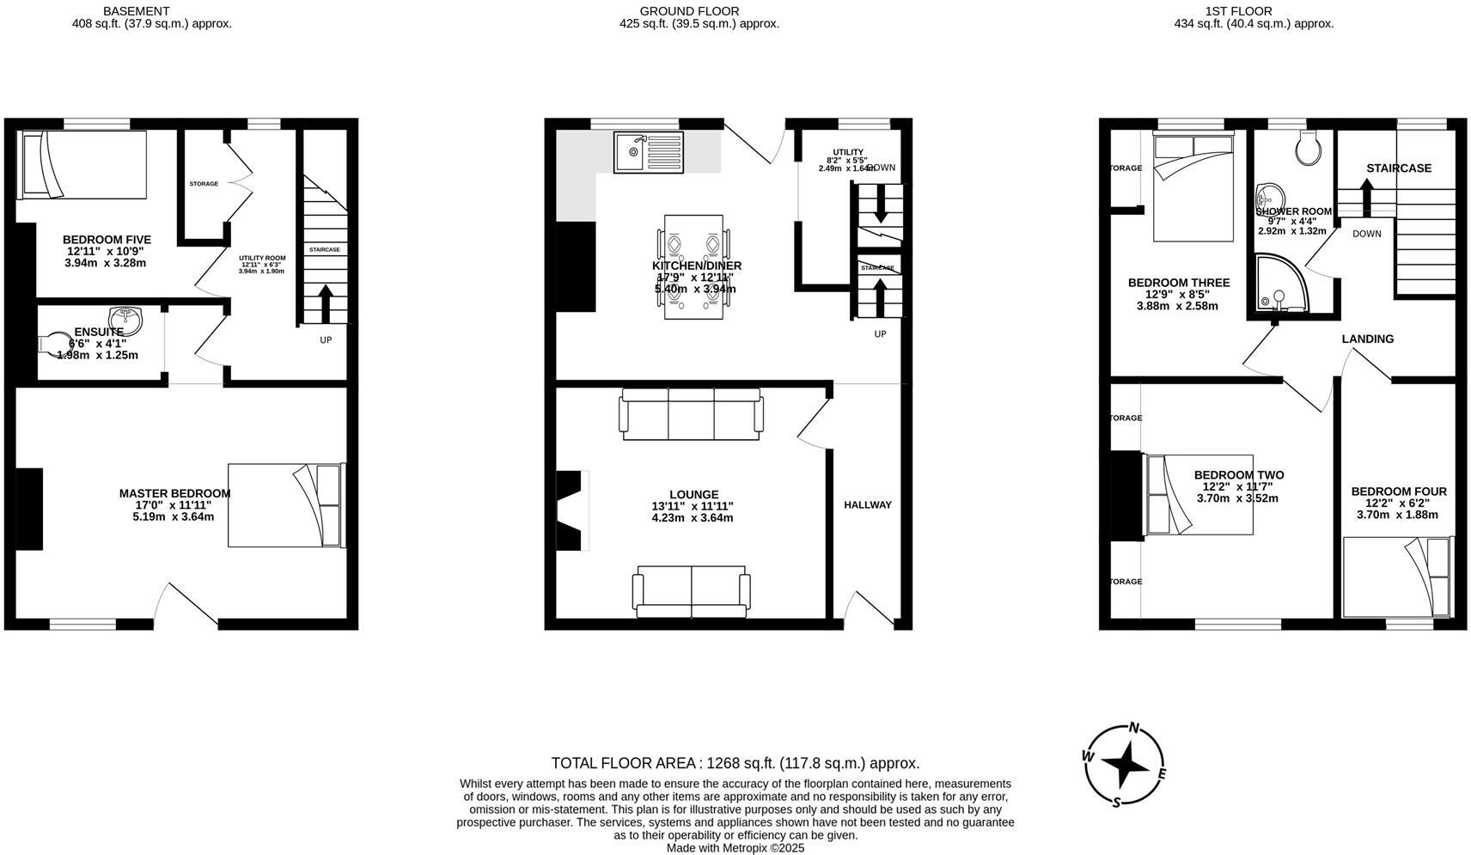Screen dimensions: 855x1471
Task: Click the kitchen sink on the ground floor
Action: coord(648,152)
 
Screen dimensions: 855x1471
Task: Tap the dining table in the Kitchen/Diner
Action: coord(693,266)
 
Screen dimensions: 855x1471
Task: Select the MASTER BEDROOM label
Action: coord(174,493)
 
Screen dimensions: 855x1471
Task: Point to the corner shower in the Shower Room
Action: coord(1280,283)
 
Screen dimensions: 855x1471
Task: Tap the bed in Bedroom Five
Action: coord(83,162)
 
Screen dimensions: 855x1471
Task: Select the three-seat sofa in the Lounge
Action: coord(691,413)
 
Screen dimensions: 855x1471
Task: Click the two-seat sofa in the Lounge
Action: coord(691,590)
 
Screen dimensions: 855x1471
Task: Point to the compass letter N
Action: coord(1134,728)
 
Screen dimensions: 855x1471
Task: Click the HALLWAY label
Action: coord(868,504)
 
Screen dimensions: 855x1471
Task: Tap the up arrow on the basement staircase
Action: coord(325,302)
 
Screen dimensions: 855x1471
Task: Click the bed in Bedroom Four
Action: coord(1396,577)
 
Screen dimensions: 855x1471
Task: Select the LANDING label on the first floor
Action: coord(1367,339)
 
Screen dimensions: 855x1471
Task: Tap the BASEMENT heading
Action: coord(136,11)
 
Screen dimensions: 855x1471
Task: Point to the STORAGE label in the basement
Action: coord(204,184)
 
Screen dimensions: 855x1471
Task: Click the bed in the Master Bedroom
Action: coord(285,505)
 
